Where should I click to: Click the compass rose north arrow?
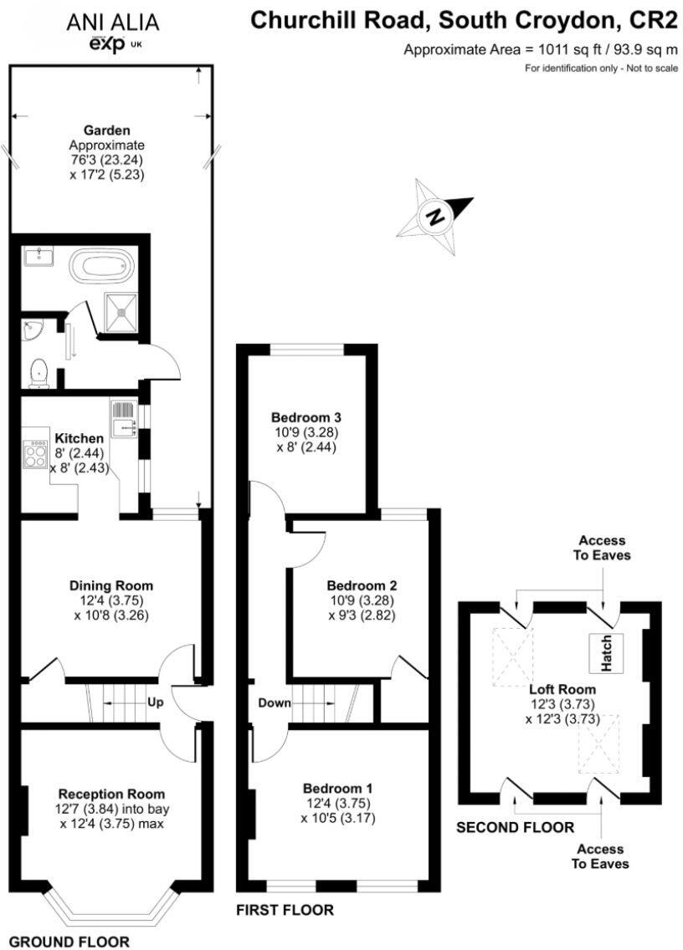point(435,217)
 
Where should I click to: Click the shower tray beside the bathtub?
point(121,310)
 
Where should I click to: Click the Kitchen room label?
point(80,438)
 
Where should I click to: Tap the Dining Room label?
point(111,585)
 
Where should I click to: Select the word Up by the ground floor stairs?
point(155,702)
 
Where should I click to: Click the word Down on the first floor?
point(274,702)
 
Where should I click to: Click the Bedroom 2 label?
point(362,585)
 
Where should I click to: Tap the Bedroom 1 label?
point(338,788)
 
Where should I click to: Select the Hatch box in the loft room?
point(604,652)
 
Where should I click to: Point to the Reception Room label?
point(111,793)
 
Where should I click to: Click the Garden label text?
point(106,130)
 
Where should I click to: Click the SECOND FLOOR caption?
point(515,828)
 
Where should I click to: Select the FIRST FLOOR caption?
point(285,910)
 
